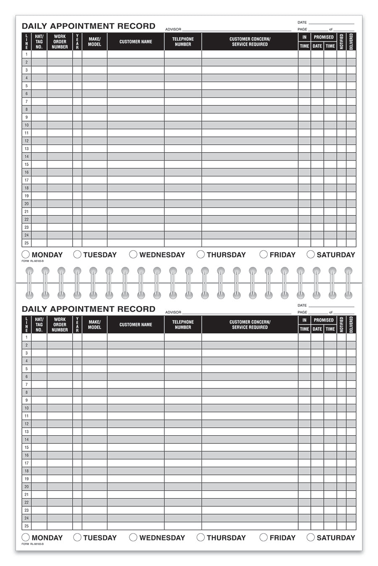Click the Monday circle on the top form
pos(26,254)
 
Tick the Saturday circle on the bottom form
pos(311,537)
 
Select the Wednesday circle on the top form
pos(133,254)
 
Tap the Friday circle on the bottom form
pos(263,537)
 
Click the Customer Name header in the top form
pos(136,42)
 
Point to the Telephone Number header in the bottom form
pos(183,325)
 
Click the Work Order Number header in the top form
pos(60,42)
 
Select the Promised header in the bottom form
pos(323,320)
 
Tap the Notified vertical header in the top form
pos(341,42)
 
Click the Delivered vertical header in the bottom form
pos(351,325)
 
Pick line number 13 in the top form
pos(26,148)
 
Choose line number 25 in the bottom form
pos(26,526)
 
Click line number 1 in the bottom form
pos(26,337)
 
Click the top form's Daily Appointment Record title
pos(89,26)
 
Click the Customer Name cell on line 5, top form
pos(136,86)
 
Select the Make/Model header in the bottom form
pos(94,325)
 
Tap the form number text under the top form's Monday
pos(32,261)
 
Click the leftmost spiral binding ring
pos(29,283)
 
